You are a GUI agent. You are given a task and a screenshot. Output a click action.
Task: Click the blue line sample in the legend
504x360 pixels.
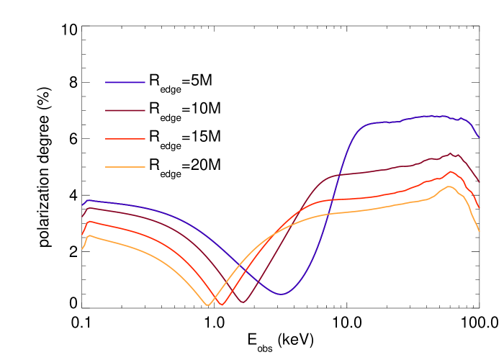pos(125,82)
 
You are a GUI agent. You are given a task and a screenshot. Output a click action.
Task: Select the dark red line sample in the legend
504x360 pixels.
pos(125,110)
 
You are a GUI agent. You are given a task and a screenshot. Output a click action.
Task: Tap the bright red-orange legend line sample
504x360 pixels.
pos(125,139)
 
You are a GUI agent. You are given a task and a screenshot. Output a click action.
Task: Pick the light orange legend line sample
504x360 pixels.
pos(125,167)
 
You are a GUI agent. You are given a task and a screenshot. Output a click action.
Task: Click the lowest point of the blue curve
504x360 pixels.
pos(281,294)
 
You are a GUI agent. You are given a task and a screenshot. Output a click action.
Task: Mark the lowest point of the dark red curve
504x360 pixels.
pos(243,302)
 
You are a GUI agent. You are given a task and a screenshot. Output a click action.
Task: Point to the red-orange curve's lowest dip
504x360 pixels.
pos(222,305)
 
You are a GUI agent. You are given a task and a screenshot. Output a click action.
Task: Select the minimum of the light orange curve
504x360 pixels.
pos(208,305)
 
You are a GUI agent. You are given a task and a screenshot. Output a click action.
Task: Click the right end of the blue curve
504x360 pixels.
pos(479,137)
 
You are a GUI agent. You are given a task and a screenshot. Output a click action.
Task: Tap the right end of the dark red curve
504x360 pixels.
pos(479,181)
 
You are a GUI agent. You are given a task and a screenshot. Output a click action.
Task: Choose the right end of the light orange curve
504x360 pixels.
pos(480,231)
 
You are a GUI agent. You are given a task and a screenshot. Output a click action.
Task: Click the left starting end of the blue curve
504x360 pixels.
pos(82,205)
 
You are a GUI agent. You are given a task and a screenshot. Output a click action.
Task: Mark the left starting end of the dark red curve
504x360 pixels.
pos(82,216)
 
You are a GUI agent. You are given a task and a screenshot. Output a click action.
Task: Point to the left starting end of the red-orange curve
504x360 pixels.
pos(82,235)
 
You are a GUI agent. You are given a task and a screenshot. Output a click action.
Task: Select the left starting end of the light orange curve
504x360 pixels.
pos(81,249)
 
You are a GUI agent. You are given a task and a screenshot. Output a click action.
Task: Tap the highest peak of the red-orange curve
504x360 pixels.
pos(451,171)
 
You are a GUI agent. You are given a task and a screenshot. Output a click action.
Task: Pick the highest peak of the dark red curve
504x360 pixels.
pos(451,153)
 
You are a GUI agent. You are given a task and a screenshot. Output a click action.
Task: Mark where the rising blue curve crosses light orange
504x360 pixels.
pos(325,215)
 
